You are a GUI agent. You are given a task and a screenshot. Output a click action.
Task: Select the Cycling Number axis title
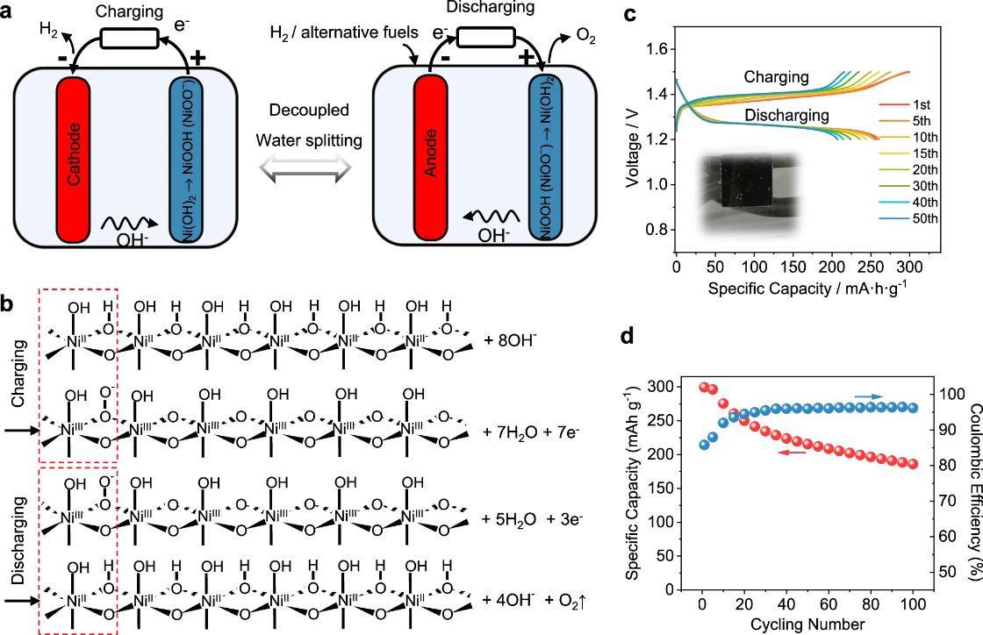coord(807,624)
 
